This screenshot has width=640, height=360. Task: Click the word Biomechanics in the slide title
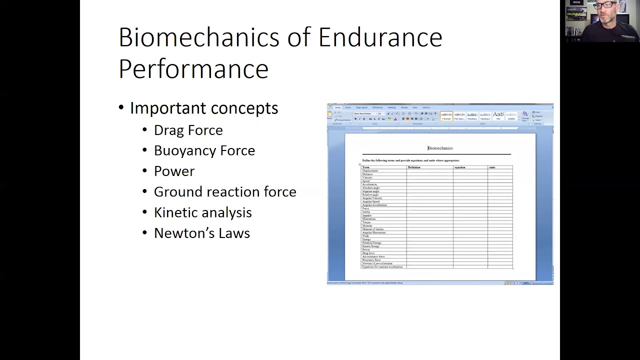pyautogui.click(x=199, y=37)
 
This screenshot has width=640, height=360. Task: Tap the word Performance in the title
pyautogui.click(x=193, y=68)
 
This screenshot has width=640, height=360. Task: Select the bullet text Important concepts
pyautogui.click(x=203, y=108)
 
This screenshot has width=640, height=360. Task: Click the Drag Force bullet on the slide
pyautogui.click(x=188, y=130)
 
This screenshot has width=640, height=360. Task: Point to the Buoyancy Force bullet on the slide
pyautogui.click(x=204, y=150)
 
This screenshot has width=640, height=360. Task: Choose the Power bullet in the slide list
pyautogui.click(x=174, y=171)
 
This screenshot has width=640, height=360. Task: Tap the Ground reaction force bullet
pyautogui.click(x=225, y=191)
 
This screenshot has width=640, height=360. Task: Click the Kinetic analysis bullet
pyautogui.click(x=202, y=212)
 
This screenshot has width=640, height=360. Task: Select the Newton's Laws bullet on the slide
pyautogui.click(x=201, y=233)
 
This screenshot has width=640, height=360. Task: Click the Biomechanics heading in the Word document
pyautogui.click(x=440, y=148)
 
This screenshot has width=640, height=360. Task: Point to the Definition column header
pyautogui.click(x=414, y=167)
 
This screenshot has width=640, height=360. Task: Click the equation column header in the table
pyautogui.click(x=459, y=167)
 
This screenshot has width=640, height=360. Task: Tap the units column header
pyautogui.click(x=492, y=167)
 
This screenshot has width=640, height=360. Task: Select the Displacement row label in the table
pyautogui.click(x=370, y=171)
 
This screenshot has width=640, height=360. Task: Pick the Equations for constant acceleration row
pyautogui.click(x=382, y=267)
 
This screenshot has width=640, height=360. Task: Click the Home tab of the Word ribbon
pyautogui.click(x=337, y=107)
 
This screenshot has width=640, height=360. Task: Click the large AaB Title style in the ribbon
pyautogui.click(x=498, y=115)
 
